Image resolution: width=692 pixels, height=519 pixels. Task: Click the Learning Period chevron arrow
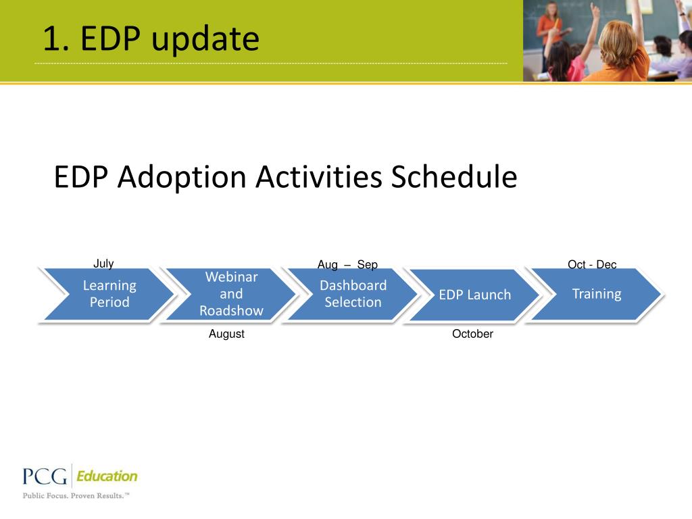pos(109,294)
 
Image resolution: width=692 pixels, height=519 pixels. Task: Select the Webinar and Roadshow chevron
pos(231,294)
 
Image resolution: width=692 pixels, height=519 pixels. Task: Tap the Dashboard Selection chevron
pos(353,294)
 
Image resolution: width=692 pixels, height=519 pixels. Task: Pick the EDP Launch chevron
pos(475,295)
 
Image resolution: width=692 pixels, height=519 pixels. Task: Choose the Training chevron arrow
pos(597,294)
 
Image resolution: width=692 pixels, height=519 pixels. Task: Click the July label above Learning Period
pos(103,264)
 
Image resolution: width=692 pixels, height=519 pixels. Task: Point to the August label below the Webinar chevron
pos(226,334)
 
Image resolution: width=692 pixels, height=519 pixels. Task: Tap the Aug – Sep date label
pos(348,264)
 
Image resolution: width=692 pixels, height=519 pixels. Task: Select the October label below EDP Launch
pos(472,334)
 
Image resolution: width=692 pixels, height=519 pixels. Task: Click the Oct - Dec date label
pos(592,264)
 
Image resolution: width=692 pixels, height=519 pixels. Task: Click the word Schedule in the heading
pos(454,176)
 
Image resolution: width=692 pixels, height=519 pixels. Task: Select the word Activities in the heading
pos(319,176)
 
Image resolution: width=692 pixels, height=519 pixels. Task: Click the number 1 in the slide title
pos(52,39)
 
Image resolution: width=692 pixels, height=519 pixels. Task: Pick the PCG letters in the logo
pos(45,476)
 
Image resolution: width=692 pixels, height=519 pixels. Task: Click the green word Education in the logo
pos(107,476)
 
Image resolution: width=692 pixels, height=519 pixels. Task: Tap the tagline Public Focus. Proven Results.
pos(76,495)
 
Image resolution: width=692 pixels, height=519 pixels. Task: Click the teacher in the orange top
pos(549,31)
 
